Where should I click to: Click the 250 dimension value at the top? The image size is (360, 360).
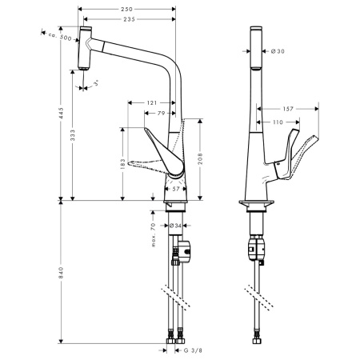point(126,9)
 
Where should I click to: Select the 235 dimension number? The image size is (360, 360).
point(129,19)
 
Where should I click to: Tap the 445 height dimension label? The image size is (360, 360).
point(61,113)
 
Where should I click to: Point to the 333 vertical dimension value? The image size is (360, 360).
point(73,135)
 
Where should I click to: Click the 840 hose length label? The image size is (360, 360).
point(61,273)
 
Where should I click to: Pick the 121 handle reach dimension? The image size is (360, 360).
point(152,102)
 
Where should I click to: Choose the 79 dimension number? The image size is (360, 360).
point(161,114)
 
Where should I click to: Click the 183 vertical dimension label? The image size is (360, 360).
point(122,164)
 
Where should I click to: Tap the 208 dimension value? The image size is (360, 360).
point(200,158)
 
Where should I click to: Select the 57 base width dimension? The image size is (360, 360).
point(176,189)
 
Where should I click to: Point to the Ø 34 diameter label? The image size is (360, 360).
point(175,226)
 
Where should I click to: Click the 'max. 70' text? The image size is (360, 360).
point(153,235)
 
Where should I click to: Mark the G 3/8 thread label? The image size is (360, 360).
point(193,350)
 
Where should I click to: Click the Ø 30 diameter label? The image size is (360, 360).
point(278,51)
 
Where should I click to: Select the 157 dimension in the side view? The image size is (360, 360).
point(288,109)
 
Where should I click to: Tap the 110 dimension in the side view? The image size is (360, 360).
point(278,122)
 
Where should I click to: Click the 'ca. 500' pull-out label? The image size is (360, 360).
point(60,36)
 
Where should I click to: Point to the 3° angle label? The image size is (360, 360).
point(97,83)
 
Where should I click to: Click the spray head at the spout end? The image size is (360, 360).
point(85,48)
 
